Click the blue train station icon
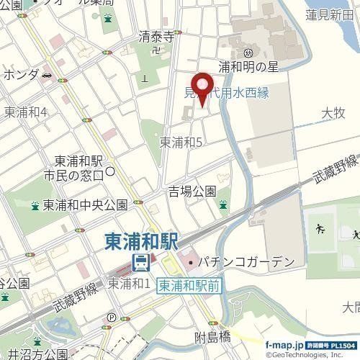point(142,261)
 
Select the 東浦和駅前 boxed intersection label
point(189,285)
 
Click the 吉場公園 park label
point(192,191)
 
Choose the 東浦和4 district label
point(26,112)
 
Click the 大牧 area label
point(333,112)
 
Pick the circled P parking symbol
point(110,317)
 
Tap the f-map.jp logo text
point(289,347)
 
